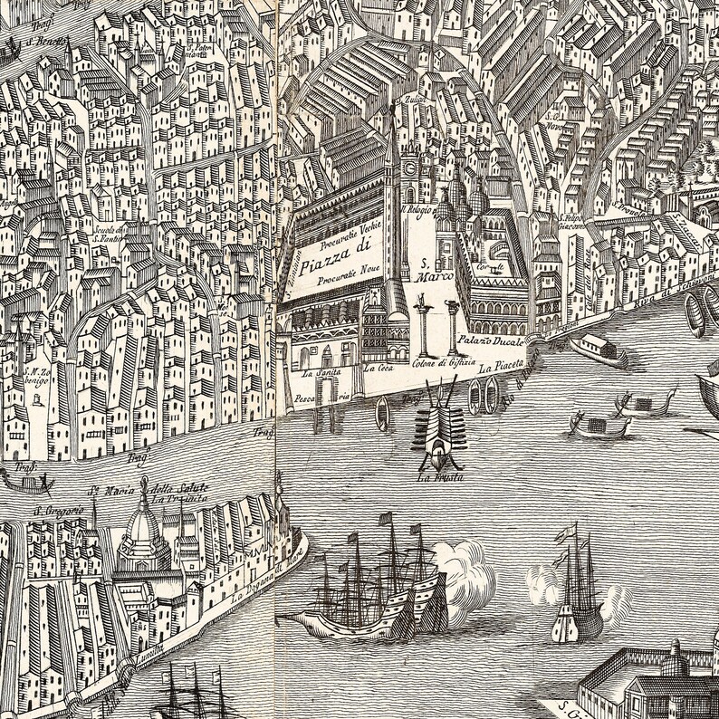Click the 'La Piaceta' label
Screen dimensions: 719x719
pyautogui.click(x=502, y=366)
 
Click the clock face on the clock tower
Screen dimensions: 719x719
pyautogui.click(x=409, y=168)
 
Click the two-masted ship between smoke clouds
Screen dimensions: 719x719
pyautogui.click(x=575, y=589)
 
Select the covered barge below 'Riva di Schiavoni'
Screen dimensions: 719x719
pyautogui.click(x=598, y=349)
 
